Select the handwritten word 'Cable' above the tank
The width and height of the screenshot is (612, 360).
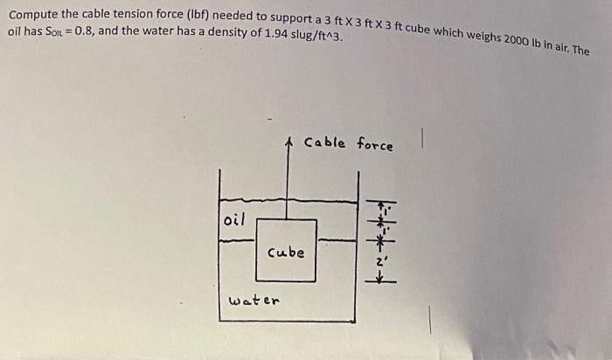(x=324, y=142)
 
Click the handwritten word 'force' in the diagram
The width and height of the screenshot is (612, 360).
(x=374, y=145)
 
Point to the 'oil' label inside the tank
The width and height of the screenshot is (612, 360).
(x=235, y=218)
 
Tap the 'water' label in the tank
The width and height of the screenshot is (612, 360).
(x=254, y=301)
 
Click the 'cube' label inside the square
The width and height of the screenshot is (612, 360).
(x=286, y=253)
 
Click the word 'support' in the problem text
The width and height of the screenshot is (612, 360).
(x=283, y=21)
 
